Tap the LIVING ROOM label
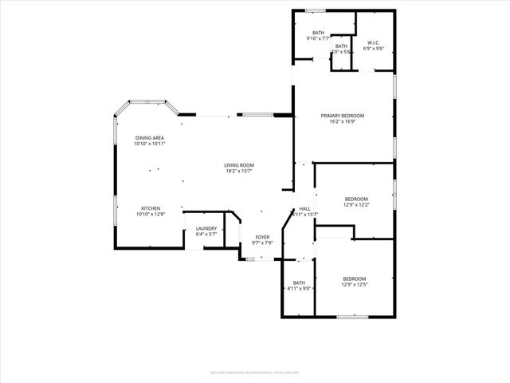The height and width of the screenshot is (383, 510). click(x=239, y=165)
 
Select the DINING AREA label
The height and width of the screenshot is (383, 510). click(x=150, y=138)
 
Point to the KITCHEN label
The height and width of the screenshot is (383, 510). click(x=151, y=208)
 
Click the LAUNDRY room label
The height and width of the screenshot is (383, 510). click(x=206, y=229)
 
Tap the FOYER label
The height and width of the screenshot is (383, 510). click(x=262, y=237)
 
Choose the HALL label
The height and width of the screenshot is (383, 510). click(x=304, y=208)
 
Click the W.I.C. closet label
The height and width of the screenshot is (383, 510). click(x=373, y=42)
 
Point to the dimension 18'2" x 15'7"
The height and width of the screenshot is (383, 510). click(x=239, y=171)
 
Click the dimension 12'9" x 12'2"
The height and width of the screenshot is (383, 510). click(x=356, y=205)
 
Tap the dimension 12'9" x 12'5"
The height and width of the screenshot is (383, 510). click(x=355, y=284)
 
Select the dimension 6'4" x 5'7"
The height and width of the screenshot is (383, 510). click(x=206, y=235)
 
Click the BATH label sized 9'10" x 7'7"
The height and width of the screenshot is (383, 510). click(x=318, y=32)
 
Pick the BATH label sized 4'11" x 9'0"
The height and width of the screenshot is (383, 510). click(x=299, y=282)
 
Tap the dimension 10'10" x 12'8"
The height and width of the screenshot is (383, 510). click(x=151, y=214)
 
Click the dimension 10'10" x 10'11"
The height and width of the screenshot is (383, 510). click(x=150, y=144)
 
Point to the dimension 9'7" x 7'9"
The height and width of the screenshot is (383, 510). click(x=262, y=243)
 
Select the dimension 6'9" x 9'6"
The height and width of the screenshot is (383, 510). click(x=373, y=48)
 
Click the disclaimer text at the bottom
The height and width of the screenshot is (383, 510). click(x=255, y=371)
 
